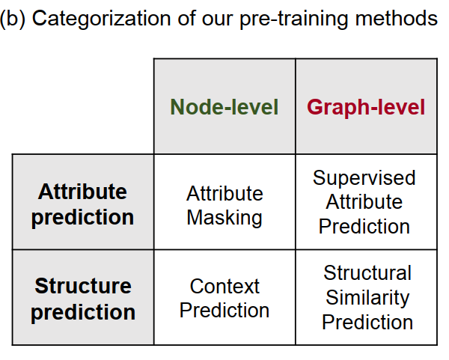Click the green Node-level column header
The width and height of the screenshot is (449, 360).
[x=224, y=107]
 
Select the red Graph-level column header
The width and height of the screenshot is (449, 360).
[x=366, y=107]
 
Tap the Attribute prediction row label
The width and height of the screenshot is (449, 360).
[x=83, y=204]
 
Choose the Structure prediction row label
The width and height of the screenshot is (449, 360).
[x=83, y=299]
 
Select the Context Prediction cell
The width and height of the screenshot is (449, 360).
[x=224, y=298]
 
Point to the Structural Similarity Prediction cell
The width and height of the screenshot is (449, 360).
[x=367, y=297]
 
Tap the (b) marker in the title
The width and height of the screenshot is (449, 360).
[x=13, y=19]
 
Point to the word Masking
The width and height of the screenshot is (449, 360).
[x=224, y=218]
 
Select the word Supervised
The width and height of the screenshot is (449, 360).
[x=364, y=178]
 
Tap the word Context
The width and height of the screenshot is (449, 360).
[x=224, y=286]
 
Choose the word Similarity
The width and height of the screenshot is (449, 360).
[x=367, y=297]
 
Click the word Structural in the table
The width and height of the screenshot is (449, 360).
[x=367, y=273]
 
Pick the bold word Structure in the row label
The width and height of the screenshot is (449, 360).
[x=83, y=286]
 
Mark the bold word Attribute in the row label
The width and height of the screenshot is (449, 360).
[x=83, y=192]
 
